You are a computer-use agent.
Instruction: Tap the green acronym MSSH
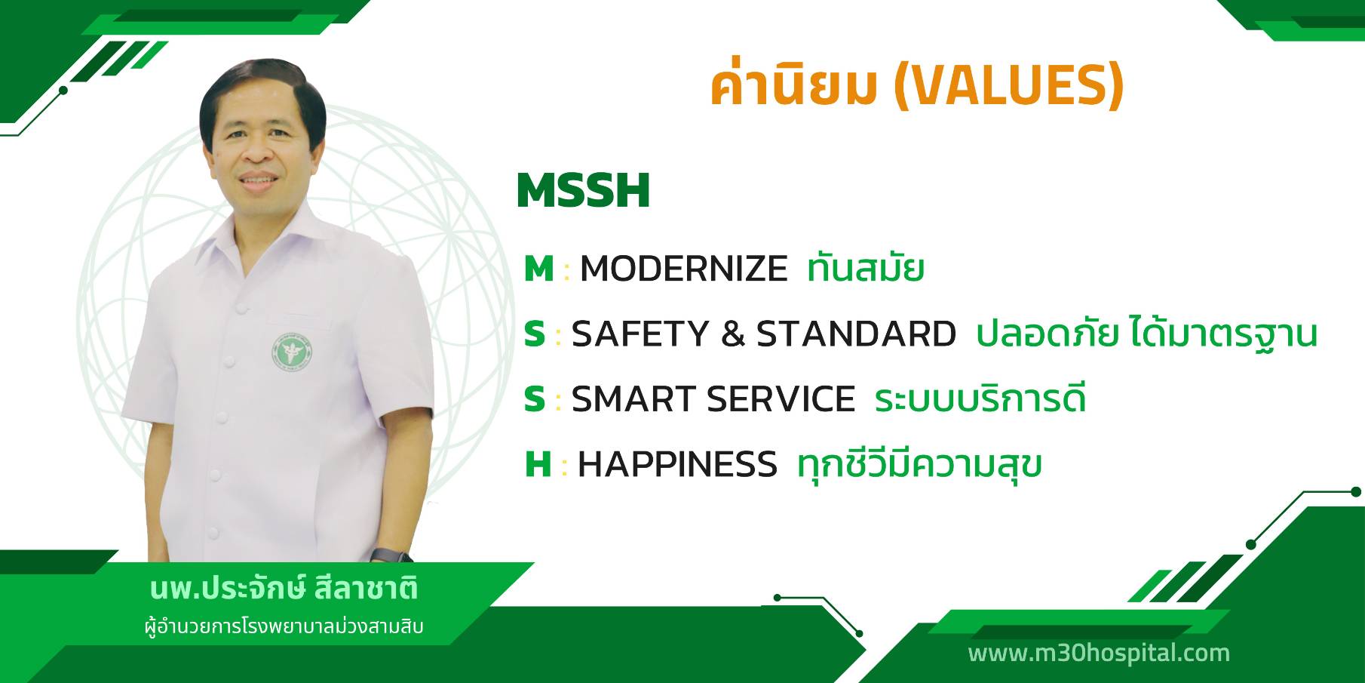tap(583, 191)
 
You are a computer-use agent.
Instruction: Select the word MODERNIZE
tap(684, 269)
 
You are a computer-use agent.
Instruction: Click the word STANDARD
tap(856, 334)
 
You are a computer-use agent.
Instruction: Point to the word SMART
tap(633, 399)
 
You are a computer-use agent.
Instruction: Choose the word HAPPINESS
tap(677, 464)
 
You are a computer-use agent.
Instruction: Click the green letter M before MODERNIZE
tap(539, 269)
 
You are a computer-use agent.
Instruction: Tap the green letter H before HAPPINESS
tap(538, 464)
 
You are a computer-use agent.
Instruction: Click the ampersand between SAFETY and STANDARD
tap(733, 334)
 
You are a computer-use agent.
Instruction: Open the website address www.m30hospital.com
tap(1099, 653)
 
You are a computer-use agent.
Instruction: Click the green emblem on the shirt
tap(293, 352)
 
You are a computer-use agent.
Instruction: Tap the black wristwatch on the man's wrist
tap(392, 555)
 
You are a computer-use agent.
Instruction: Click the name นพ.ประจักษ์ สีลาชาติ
tap(284, 589)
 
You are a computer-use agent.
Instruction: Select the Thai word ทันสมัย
tap(865, 268)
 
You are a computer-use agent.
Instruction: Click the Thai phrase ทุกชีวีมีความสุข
tap(919, 464)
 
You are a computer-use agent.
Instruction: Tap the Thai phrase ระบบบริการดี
tap(980, 398)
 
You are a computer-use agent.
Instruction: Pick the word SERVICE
tap(781, 399)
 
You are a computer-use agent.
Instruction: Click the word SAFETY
tap(640, 334)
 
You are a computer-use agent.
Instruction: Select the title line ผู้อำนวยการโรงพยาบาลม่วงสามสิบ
tap(284, 627)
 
